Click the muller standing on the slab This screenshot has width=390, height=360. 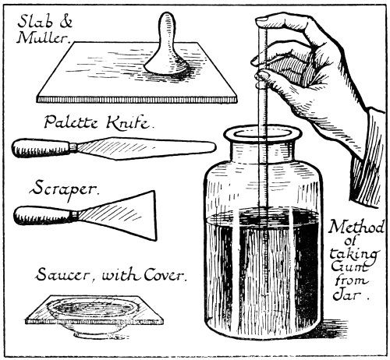(166, 47)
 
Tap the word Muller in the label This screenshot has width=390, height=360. (44, 38)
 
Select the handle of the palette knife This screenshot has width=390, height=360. (41, 148)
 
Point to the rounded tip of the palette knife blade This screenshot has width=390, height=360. (214, 147)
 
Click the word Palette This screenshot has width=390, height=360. (71, 122)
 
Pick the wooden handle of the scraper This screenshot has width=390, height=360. (42, 216)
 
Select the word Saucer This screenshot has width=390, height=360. (66, 274)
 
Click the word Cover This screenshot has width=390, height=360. (164, 274)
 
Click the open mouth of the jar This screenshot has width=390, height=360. (263, 134)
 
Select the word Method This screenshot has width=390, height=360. (356, 228)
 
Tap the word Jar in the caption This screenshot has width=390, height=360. (346, 295)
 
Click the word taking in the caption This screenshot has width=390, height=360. (353, 254)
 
